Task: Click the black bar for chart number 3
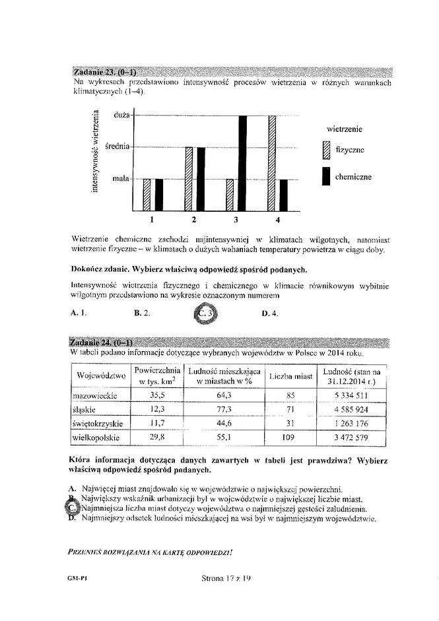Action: [242, 162]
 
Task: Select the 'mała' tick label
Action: [120, 178]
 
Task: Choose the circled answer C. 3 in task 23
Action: [206, 313]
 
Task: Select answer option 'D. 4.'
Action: [269, 313]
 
